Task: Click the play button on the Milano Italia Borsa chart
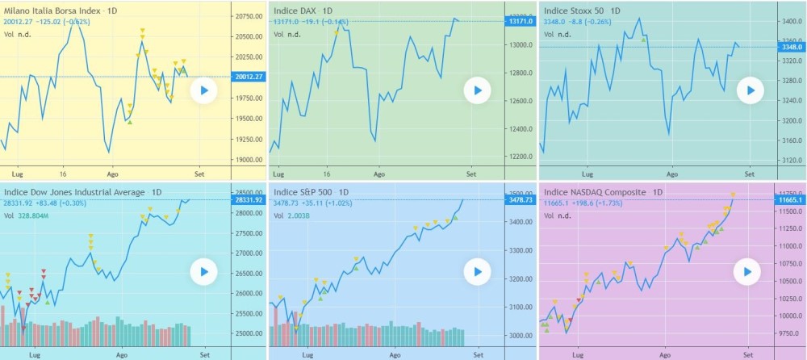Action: pyautogui.click(x=204, y=91)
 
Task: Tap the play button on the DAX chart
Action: pyautogui.click(x=477, y=90)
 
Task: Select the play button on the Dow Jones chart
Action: pyautogui.click(x=204, y=272)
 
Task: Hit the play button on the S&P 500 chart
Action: pyautogui.click(x=477, y=272)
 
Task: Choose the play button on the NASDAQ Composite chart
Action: pyautogui.click(x=747, y=272)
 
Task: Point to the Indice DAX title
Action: pyautogui.click(x=303, y=10)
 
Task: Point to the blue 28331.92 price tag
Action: pyautogui.click(x=247, y=199)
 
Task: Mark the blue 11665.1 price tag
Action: pyautogui.click(x=790, y=199)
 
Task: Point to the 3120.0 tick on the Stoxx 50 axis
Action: pyautogui.click(x=789, y=160)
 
